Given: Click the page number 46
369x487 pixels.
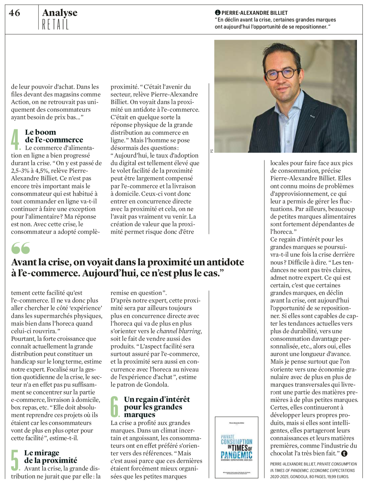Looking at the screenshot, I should (x=15, y=13).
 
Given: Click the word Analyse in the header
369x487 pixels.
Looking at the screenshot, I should (x=60, y=13).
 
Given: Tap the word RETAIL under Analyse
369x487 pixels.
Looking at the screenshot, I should (x=55, y=25).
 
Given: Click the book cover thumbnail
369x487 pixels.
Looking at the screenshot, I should (x=236, y=447).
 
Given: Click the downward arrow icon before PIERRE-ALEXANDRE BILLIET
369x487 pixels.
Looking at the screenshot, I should (x=217, y=13).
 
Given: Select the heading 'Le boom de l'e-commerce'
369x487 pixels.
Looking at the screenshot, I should (x=54, y=136).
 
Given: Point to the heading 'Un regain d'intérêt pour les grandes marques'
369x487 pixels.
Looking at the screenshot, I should (x=157, y=407).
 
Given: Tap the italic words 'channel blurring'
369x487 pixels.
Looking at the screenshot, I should (x=179, y=331).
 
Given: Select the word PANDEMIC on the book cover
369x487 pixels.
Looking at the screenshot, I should (x=236, y=455).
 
